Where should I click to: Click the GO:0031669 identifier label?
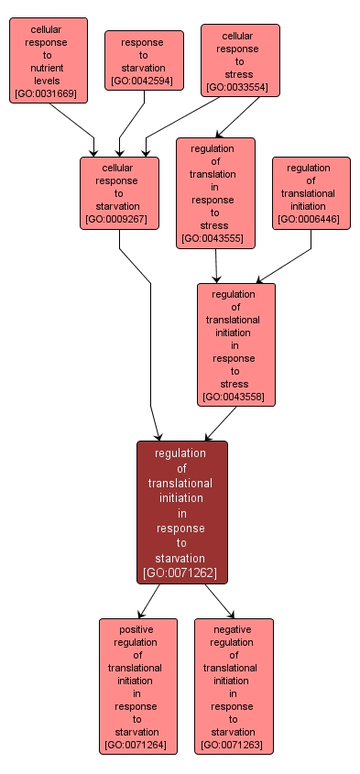[49, 93]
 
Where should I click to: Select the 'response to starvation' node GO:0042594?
[144, 61]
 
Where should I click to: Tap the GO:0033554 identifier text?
[238, 87]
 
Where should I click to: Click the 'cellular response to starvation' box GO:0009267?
[119, 193]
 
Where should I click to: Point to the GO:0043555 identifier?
[215, 238]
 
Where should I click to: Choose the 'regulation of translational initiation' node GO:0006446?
[311, 193]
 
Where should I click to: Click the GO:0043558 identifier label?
[235, 397]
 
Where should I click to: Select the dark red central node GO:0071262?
[181, 512]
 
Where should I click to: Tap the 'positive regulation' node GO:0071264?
[138, 686]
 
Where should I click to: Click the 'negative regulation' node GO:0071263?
[234, 686]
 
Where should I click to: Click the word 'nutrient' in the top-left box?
[49, 68]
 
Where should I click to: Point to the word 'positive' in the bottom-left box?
[138, 629]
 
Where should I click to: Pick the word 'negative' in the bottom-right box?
[234, 629]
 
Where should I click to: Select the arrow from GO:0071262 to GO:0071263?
[218, 600]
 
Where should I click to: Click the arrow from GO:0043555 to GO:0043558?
[216, 266]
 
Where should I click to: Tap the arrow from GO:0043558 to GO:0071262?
[221, 423]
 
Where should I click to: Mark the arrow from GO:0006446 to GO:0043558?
[284, 266]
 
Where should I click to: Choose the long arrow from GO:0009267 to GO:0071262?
[150, 348]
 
